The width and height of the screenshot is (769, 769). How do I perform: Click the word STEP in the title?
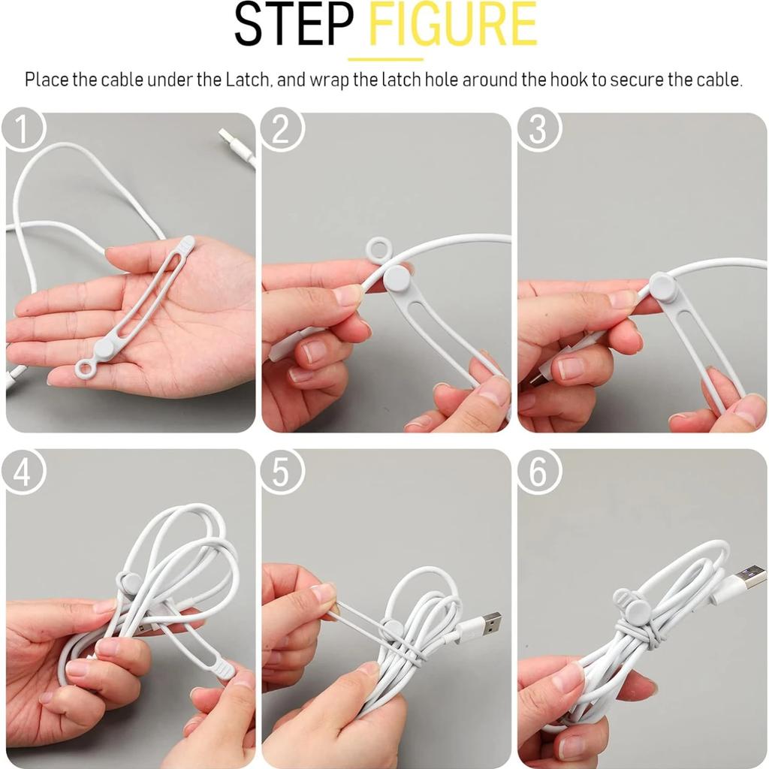[293, 27]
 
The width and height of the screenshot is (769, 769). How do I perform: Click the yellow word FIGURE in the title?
[454, 27]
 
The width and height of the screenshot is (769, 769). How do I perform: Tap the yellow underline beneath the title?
[385, 59]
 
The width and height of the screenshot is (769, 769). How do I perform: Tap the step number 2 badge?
[282, 129]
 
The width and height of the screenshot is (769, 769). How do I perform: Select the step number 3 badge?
[538, 129]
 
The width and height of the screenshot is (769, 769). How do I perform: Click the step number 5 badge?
[282, 472]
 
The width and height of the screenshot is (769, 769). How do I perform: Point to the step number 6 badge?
[538, 472]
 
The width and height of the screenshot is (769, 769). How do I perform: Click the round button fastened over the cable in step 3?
[662, 286]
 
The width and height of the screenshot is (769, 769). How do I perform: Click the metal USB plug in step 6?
[747, 578]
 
